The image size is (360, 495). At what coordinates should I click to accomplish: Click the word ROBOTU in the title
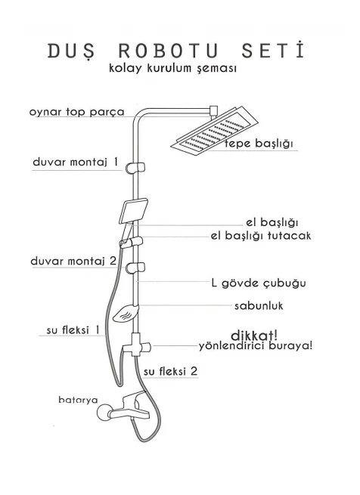click(x=169, y=51)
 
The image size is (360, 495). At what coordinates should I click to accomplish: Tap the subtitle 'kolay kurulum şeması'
click(x=172, y=69)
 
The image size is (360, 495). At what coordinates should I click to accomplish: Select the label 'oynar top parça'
click(x=77, y=112)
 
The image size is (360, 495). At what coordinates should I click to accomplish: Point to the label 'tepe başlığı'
click(x=259, y=144)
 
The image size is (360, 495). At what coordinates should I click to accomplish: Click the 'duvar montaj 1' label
click(x=75, y=162)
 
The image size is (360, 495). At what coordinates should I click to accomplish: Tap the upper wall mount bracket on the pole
click(x=135, y=168)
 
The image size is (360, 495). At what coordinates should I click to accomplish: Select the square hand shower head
click(x=134, y=211)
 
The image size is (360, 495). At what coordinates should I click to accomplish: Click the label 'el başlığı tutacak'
click(x=261, y=236)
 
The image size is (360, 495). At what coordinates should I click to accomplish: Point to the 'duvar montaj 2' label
click(x=73, y=261)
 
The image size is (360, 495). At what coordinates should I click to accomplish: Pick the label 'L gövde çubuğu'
click(x=259, y=283)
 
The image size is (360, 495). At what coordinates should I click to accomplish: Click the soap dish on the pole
click(x=126, y=314)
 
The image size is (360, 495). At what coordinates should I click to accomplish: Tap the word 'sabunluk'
click(x=259, y=305)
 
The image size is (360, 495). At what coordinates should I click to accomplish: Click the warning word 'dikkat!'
click(x=254, y=336)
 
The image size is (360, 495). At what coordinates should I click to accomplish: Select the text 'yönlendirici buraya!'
click(x=256, y=346)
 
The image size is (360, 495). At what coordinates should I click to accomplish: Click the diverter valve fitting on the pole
click(x=137, y=345)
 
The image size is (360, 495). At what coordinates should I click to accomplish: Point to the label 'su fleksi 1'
click(x=73, y=330)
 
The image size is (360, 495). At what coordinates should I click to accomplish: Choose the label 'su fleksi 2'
click(x=170, y=371)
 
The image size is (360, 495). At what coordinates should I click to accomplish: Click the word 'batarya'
click(x=78, y=400)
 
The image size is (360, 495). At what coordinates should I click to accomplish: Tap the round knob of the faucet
click(x=104, y=413)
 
